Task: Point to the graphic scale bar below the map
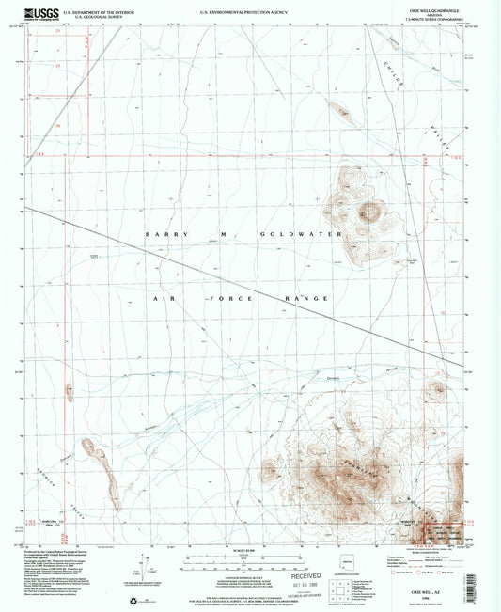pos(244,561)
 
